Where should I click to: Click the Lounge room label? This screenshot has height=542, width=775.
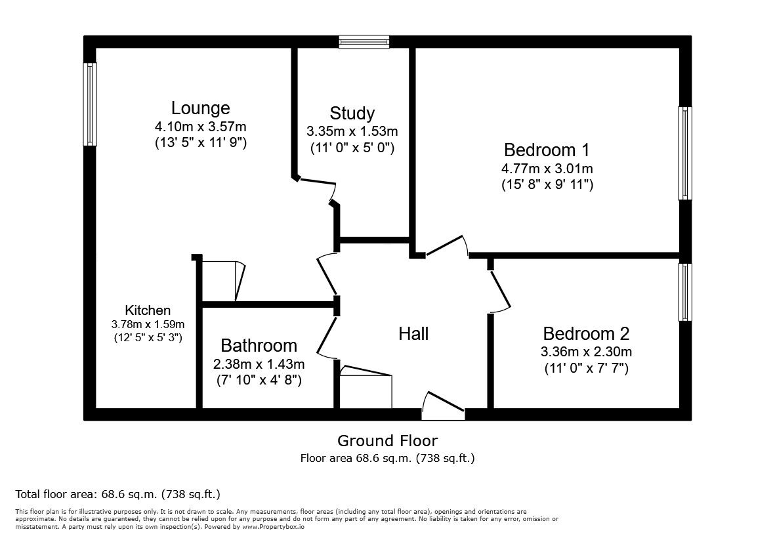201,108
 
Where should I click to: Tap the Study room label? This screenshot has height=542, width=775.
352,113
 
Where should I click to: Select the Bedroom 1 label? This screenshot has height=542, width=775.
547,149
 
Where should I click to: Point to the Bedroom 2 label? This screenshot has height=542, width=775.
586,333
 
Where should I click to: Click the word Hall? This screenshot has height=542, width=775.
413,333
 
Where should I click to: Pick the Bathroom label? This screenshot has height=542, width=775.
259,345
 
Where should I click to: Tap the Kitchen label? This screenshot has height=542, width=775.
148,310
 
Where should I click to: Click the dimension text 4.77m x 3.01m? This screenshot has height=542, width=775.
547,169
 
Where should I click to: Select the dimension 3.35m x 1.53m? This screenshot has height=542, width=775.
352,132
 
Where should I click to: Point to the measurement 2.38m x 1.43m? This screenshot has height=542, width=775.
259,364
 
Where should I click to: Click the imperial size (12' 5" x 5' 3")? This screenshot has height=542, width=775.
148,338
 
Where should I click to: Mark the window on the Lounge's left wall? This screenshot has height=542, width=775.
90,104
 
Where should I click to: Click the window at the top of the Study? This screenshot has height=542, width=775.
364,42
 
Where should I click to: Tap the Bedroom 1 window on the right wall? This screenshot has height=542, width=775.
685,153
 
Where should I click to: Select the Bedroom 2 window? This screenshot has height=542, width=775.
685,292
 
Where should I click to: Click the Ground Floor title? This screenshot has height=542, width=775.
387,440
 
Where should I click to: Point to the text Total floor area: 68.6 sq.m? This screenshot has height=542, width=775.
118,494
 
